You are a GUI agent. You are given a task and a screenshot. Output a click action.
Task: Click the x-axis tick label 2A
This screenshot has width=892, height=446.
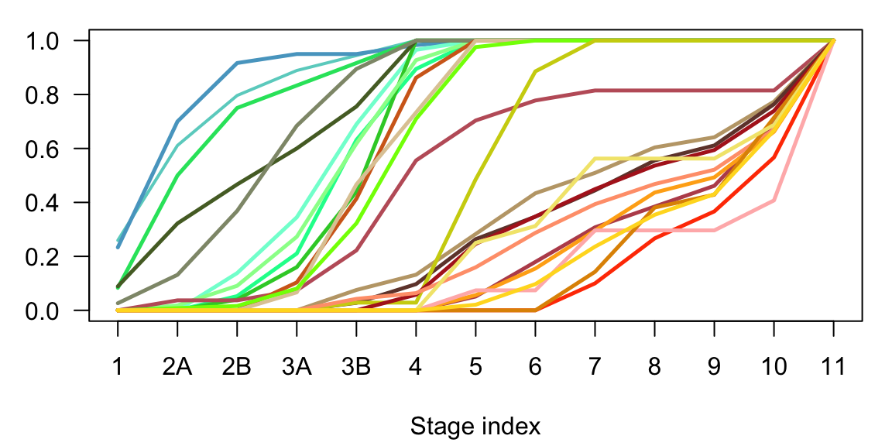pyautogui.click(x=177, y=366)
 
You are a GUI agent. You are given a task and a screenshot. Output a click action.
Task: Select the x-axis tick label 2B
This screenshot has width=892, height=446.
pyautogui.click(x=237, y=366)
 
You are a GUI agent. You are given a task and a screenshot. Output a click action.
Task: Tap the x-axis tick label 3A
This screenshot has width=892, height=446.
pyautogui.click(x=297, y=366)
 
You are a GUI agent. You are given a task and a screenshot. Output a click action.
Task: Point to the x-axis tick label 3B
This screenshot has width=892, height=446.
pyautogui.click(x=356, y=366)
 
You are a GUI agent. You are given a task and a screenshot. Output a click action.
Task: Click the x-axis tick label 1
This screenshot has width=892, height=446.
pyautogui.click(x=118, y=366)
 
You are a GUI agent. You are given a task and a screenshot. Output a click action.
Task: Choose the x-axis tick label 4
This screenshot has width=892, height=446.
pyautogui.click(x=416, y=366)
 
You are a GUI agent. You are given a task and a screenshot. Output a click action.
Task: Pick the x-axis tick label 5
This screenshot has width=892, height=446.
pyautogui.click(x=475, y=366)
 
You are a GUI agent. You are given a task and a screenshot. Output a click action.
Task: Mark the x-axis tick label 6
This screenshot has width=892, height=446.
pyautogui.click(x=535, y=366)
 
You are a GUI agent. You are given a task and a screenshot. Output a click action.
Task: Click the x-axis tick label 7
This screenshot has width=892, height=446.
pyautogui.click(x=595, y=366)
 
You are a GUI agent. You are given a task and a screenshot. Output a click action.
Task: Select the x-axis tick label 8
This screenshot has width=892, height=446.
pyautogui.click(x=654, y=366)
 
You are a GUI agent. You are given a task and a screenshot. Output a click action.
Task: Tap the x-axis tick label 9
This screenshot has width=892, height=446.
pyautogui.click(x=714, y=366)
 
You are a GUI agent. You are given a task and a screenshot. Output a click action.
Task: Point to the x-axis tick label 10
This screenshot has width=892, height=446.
pyautogui.click(x=774, y=366)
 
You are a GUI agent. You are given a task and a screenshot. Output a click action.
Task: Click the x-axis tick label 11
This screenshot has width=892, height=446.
pyautogui.click(x=833, y=366)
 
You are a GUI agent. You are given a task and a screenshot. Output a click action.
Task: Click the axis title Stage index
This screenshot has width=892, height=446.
pyautogui.click(x=475, y=426)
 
